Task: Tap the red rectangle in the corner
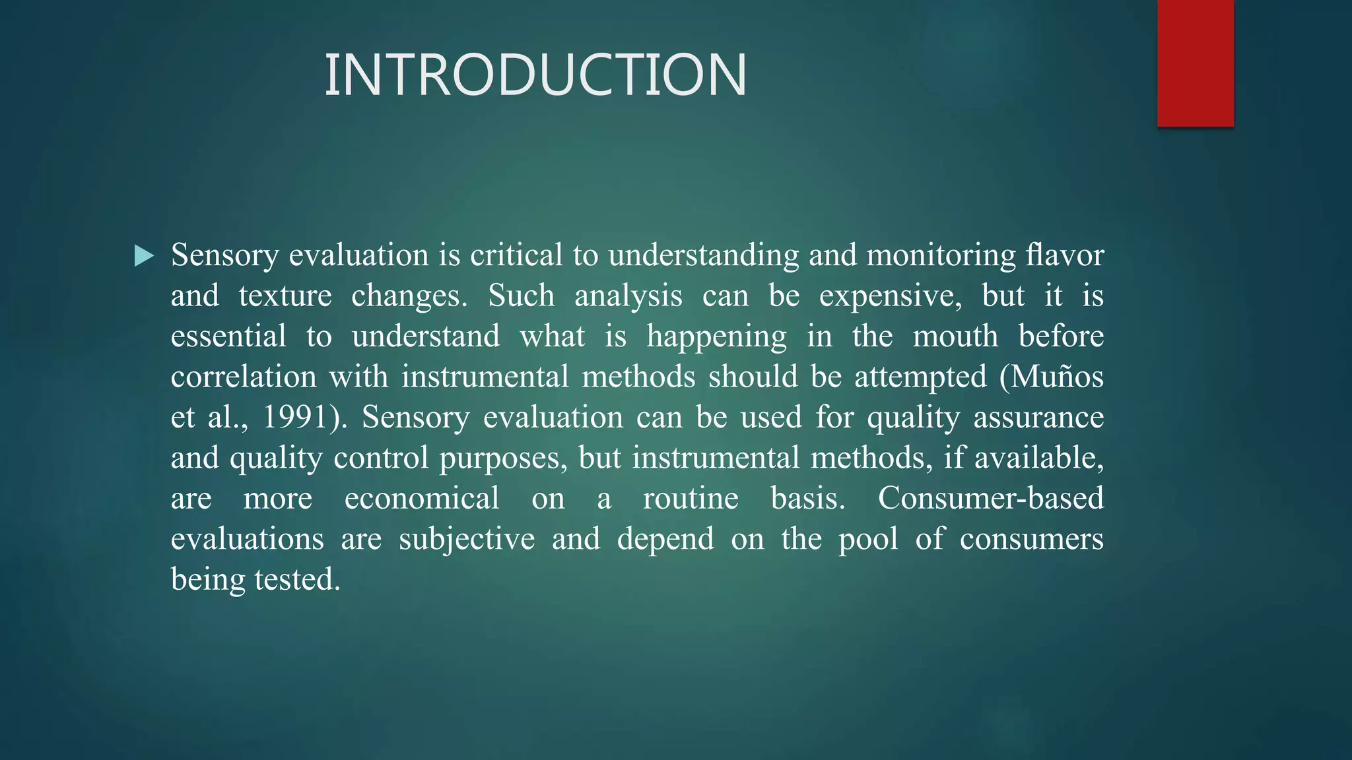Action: pyautogui.click(x=1195, y=63)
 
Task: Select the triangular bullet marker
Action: pyautogui.click(x=144, y=255)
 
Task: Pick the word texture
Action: pyautogui.click(x=285, y=296)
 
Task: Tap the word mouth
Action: pyautogui.click(x=955, y=336)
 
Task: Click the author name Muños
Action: pyautogui.click(x=1057, y=377)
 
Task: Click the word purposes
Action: pyautogui.click(x=503, y=458)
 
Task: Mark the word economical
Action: pyautogui.click(x=422, y=498)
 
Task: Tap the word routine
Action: pyautogui.click(x=691, y=498)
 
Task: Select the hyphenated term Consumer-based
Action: pyautogui.click(x=990, y=498)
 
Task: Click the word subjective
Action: pyautogui.click(x=467, y=539)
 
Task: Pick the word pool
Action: pyautogui.click(x=868, y=539)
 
